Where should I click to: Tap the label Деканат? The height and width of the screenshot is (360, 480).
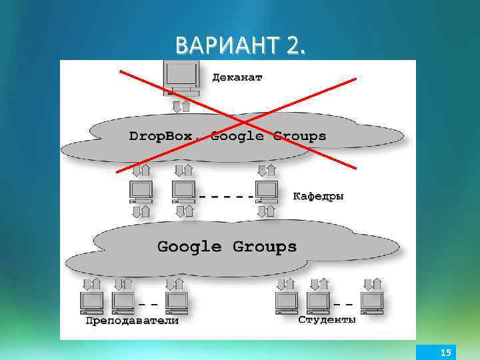(237, 77)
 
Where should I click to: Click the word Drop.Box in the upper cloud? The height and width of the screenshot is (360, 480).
(160, 136)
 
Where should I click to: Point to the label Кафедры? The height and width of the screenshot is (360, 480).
(318, 197)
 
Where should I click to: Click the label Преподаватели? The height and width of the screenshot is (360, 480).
(132, 321)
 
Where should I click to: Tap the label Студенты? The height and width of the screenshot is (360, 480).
(327, 320)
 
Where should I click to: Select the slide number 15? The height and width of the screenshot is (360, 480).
(446, 352)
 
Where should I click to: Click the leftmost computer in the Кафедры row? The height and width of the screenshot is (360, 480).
(141, 191)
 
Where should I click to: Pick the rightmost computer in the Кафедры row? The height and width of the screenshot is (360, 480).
(267, 191)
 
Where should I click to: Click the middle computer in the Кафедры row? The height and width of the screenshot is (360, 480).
(183, 191)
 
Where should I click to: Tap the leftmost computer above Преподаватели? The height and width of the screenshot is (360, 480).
(91, 302)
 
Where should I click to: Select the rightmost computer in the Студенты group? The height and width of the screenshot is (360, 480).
(371, 302)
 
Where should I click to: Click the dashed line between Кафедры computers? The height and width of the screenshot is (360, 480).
(225, 197)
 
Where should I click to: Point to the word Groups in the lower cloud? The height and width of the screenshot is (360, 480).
(264, 247)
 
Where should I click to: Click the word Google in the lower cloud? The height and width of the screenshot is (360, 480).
(189, 247)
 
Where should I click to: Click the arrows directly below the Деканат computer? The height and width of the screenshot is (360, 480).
(181, 107)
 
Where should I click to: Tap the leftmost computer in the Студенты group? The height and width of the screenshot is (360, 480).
(287, 302)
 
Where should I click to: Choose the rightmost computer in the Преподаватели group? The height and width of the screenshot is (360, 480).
(177, 302)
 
